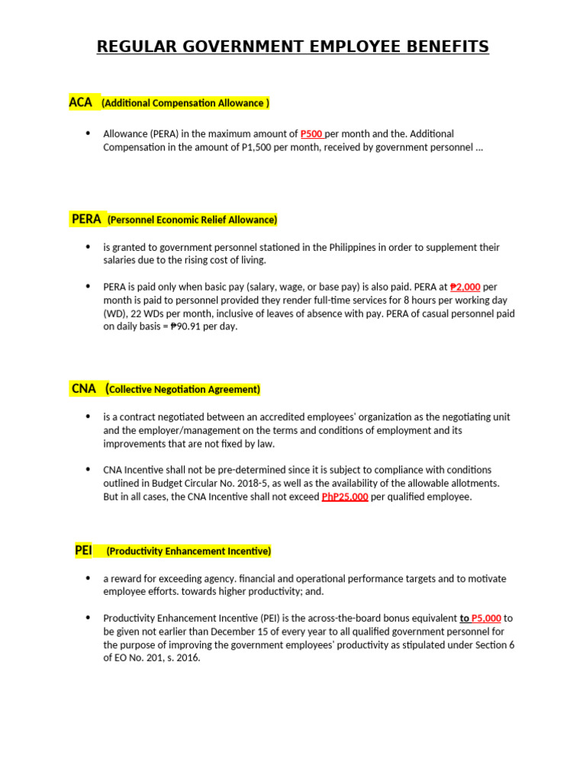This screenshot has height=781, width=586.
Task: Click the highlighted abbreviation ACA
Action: pyautogui.click(x=80, y=102)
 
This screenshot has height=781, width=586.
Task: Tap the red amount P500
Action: pyautogui.click(x=312, y=134)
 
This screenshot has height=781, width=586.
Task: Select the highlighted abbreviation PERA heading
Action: pyautogui.click(x=86, y=219)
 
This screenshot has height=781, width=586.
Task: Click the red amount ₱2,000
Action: pyautogui.click(x=465, y=288)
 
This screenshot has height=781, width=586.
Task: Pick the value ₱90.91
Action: pyautogui.click(x=186, y=326)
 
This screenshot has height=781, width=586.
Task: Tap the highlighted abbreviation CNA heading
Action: pyautogui.click(x=84, y=388)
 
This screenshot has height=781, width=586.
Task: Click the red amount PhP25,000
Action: pyautogui.click(x=345, y=497)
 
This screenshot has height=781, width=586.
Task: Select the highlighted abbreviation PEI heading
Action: pyautogui.click(x=83, y=550)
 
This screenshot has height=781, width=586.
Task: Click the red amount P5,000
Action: pyautogui.click(x=486, y=619)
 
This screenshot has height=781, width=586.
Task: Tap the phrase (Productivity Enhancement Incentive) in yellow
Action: pyautogui.click(x=188, y=551)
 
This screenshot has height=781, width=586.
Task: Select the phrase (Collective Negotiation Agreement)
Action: pyautogui.click(x=184, y=390)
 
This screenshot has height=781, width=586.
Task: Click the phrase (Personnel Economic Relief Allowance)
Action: pyautogui.click(x=192, y=220)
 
